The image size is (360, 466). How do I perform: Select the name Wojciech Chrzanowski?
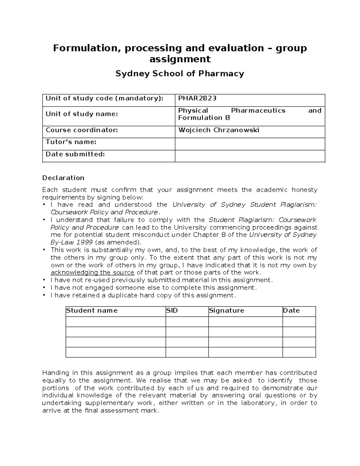coord(219,130)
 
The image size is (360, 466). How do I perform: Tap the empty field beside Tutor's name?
coord(250,144)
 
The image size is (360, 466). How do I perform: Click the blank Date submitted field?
coord(250,156)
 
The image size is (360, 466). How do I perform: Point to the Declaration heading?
coord(63,178)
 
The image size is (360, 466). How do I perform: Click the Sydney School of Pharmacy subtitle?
coord(180,74)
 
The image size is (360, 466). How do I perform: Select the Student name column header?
coord(92,311)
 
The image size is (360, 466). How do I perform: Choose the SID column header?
coord(172,311)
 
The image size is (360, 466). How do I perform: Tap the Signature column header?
coord(226,311)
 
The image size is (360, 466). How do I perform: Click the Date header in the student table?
coord(291,311)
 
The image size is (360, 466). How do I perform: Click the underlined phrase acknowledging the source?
coord(92,272)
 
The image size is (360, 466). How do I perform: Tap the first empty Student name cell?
coord(115,322)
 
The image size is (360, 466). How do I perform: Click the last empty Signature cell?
coord(245,352)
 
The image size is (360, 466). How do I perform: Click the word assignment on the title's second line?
coord(180,59)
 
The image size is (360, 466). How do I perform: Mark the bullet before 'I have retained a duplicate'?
coord(44,295)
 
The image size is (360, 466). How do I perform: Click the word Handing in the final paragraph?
coord(55,373)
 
